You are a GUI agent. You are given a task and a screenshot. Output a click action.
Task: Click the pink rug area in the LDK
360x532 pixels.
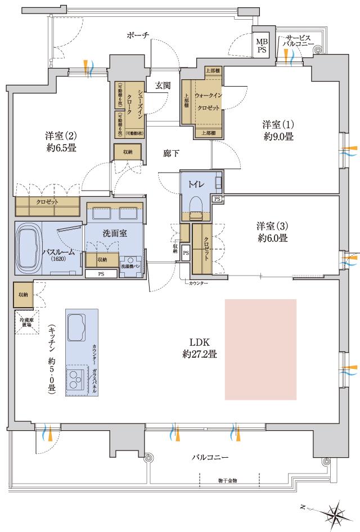260,349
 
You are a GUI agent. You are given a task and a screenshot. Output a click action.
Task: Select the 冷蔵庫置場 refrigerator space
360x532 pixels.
24,321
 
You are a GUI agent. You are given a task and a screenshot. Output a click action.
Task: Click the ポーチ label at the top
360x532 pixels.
138,35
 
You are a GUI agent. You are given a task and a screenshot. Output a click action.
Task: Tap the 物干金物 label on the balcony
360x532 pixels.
227,480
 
